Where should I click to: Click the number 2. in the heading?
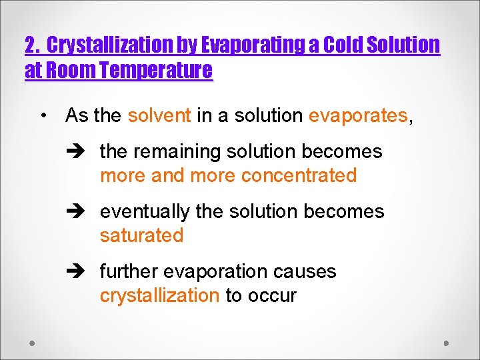tap(33, 45)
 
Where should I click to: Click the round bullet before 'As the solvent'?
tap(43, 115)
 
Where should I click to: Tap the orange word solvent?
tap(159, 115)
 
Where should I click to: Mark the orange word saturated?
tap(141, 235)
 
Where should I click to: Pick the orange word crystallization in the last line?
tap(159, 295)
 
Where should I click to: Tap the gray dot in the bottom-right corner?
tap(447, 343)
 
